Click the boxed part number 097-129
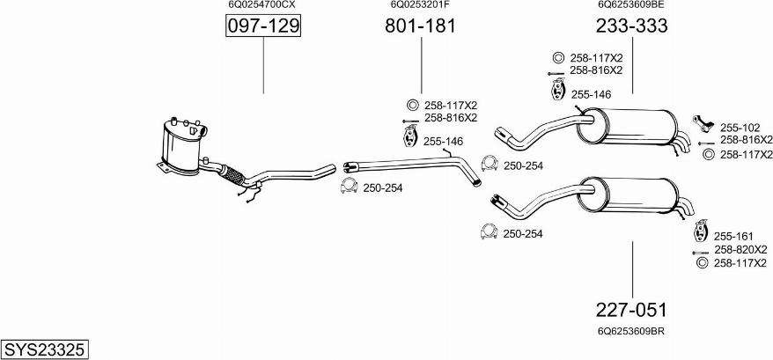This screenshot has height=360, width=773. [x=263, y=27]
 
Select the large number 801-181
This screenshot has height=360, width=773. [x=420, y=26]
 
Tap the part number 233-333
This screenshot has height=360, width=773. [x=631, y=26]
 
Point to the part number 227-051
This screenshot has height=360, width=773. [x=631, y=311]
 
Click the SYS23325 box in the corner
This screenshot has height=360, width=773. [x=44, y=349]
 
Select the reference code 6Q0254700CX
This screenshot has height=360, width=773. [x=261, y=5]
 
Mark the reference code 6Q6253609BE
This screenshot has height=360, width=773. [x=630, y=5]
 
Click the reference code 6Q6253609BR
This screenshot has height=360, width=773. [x=630, y=332]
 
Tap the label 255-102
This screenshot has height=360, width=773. [x=740, y=125]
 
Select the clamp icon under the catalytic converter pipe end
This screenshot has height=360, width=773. [x=348, y=187]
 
